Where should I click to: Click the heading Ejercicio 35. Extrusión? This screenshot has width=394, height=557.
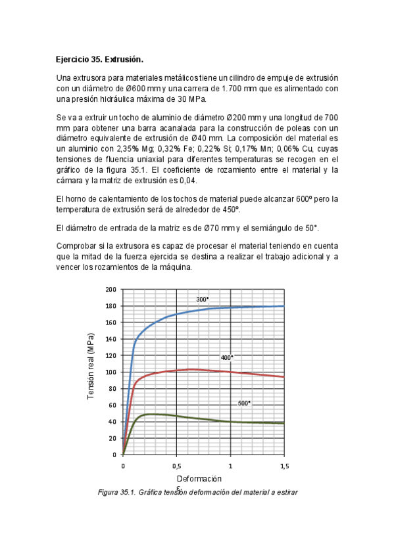[99, 59]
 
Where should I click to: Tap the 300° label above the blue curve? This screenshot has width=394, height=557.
[202, 300]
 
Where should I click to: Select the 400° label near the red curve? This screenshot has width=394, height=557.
[226, 357]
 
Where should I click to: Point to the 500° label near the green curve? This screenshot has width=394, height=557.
[244, 403]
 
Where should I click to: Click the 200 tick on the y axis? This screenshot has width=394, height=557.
[111, 290]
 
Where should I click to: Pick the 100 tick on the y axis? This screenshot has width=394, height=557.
[111, 372]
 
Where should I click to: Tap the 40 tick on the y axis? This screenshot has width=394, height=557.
[112, 422]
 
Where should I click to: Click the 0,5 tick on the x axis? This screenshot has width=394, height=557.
[176, 465]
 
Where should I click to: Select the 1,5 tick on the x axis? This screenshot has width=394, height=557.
[283, 465]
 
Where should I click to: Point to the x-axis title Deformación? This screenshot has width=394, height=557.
[199, 479]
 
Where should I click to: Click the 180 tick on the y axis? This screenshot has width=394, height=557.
[111, 306]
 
